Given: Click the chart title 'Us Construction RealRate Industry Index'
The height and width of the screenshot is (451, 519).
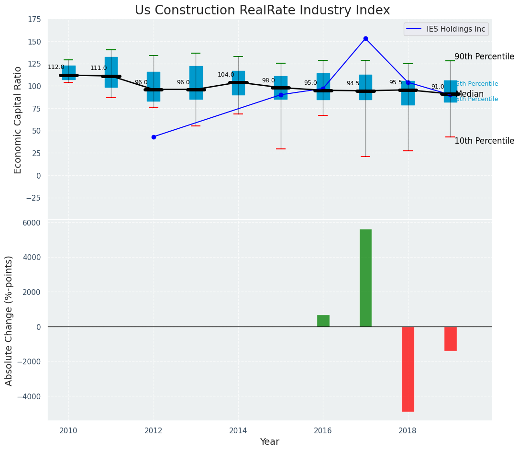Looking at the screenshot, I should point(262,11).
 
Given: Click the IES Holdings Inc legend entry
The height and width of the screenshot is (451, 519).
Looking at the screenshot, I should point(446,29).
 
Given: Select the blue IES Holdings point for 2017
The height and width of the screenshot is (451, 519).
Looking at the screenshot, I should point(365,38).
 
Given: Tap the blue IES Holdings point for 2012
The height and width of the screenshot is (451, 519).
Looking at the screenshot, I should point(154,137).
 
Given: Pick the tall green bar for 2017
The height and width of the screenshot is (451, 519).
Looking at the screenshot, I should point(365,278).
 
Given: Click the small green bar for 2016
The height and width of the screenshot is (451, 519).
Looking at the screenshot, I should point(323,321).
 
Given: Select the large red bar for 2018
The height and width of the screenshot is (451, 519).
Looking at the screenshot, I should point(408,369).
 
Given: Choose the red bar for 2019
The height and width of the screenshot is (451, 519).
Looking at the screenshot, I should point(450,338).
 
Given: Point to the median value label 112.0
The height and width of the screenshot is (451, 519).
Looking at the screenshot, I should point(56,68).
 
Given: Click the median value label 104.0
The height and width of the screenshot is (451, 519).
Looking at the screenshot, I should point(226,75).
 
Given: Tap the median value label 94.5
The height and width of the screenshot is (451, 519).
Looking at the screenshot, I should point(353,84).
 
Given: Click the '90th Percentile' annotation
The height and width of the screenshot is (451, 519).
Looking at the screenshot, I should point(484,56).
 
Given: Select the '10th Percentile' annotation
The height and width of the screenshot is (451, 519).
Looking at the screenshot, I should point(484,141).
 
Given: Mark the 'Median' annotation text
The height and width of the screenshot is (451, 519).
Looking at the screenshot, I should point(470,94).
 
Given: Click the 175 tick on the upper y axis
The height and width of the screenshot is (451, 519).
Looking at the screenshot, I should point(35,20).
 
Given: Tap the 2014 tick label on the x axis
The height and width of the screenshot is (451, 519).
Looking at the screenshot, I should point(238,430).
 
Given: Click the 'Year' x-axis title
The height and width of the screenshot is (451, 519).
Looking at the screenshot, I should point(269,442).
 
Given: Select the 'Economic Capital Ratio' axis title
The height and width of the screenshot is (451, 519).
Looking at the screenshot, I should point(18,120).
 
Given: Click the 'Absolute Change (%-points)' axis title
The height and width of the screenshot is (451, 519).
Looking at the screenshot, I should point(9,321).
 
